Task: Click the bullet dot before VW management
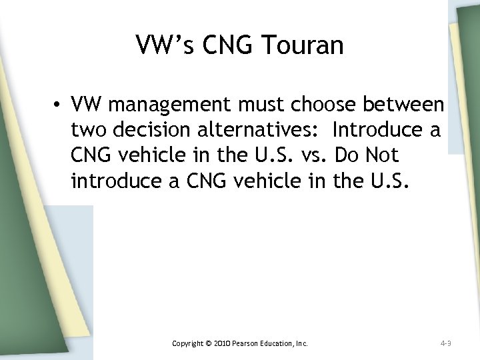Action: [x=60, y=105]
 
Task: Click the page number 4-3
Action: [x=445, y=343]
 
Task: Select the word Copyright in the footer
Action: [x=187, y=343]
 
